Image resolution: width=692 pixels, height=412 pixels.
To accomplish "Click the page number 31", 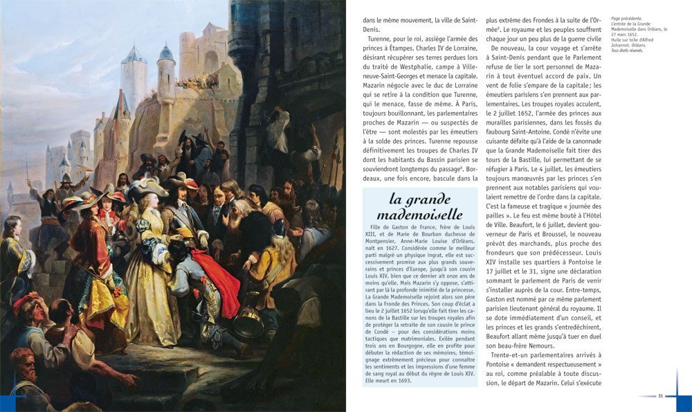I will pyautogui.click(x=660, y=395).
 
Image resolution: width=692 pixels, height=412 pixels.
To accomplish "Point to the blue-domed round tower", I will pyautogui.click(x=165, y=73).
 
